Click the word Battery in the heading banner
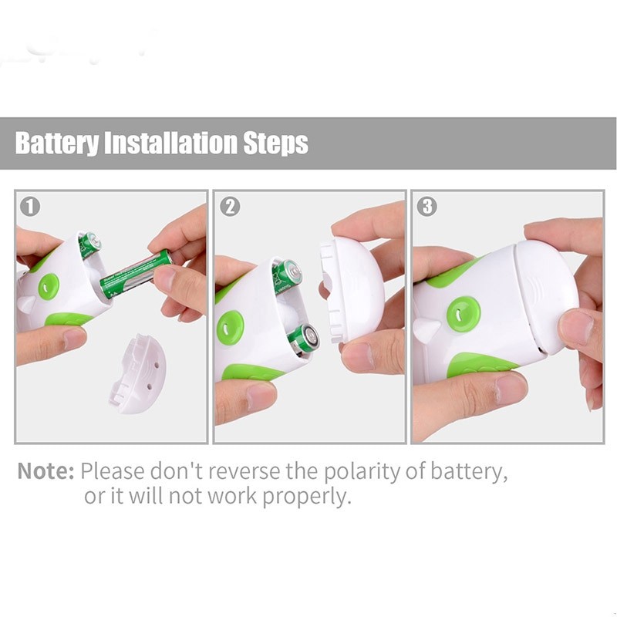point(58,143)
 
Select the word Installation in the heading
point(170,143)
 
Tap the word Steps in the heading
point(276,143)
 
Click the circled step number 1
point(31,207)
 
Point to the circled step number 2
point(230,207)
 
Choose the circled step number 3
point(427,207)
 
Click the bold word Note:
point(46,470)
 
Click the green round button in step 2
point(230,327)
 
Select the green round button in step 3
point(463,312)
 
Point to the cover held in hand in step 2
point(353,289)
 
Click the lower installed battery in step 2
point(304,338)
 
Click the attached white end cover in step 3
point(544,297)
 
